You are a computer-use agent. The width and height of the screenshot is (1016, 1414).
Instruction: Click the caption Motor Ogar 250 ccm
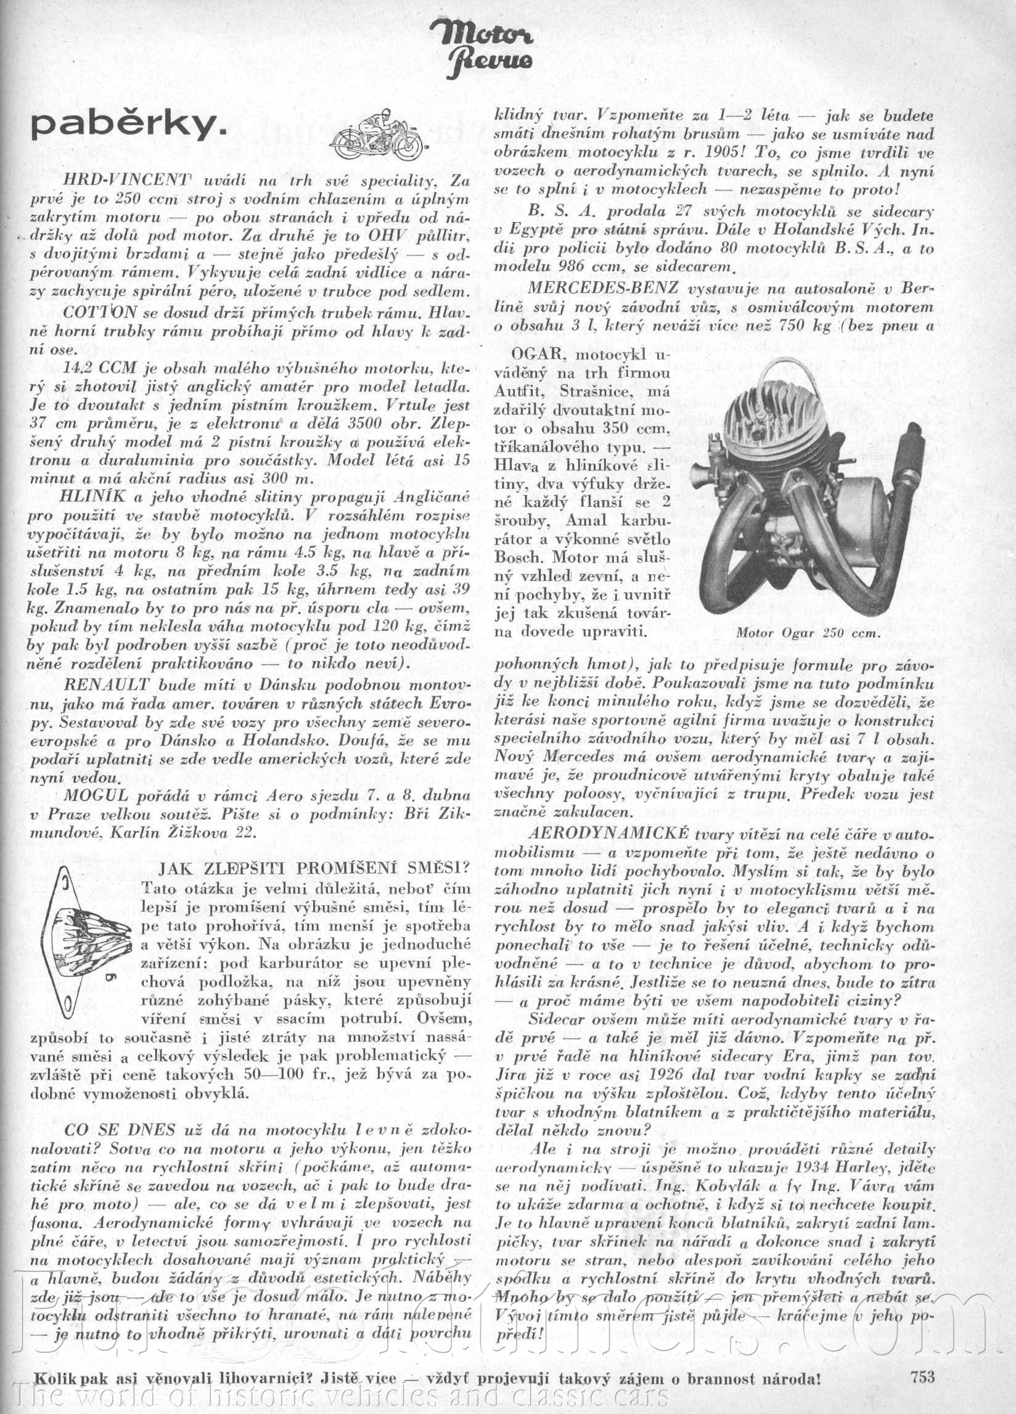pos(807,632)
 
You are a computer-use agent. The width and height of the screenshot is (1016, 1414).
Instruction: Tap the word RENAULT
pos(106,684)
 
